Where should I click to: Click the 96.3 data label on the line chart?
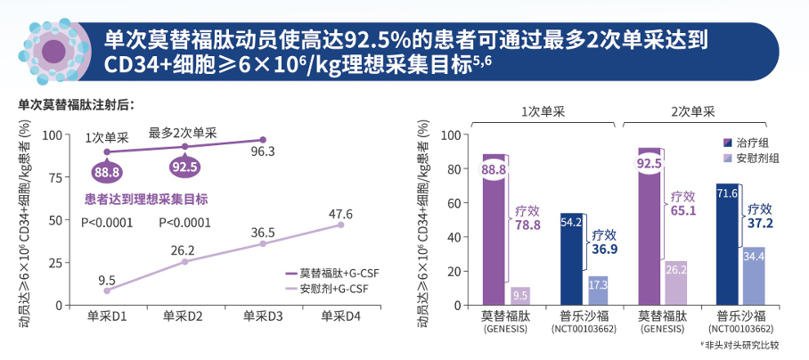[262, 151]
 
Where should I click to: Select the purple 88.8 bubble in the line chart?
[107, 171]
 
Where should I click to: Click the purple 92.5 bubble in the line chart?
[184, 167]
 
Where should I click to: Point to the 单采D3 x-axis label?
[262, 315]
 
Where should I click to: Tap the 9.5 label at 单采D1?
[107, 280]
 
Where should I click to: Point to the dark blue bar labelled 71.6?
[727, 245]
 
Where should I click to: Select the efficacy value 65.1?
[683, 211]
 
